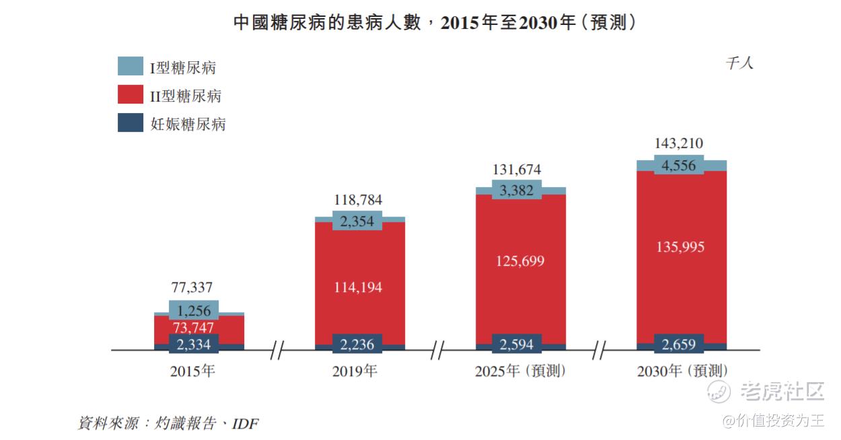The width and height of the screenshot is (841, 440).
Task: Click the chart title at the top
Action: [x=435, y=22]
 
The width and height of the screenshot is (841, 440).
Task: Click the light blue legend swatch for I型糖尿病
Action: [x=131, y=67]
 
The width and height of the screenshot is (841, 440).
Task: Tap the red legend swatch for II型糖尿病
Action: [x=131, y=95]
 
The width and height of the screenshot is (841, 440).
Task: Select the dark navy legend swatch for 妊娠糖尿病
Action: [x=131, y=123]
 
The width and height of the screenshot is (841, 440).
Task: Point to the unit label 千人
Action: [x=739, y=63]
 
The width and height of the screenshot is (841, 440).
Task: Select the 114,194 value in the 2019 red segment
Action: [x=359, y=287]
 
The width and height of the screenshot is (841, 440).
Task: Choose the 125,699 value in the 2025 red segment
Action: [x=519, y=260]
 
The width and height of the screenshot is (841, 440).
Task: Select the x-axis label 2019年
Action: [x=355, y=371]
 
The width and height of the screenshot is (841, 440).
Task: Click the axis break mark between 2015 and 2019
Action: [x=278, y=350]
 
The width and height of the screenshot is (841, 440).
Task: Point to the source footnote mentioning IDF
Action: [x=168, y=423]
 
